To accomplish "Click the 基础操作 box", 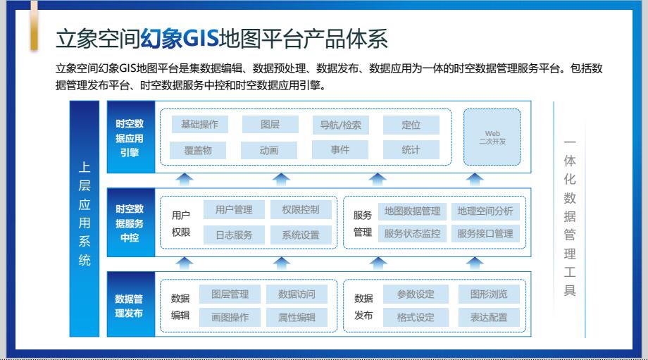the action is click(199, 125).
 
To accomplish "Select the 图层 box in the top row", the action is click(270, 125).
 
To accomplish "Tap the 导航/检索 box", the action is click(340, 125).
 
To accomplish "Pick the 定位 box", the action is click(411, 125).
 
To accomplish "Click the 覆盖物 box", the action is click(198, 151).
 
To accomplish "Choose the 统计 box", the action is click(411, 150).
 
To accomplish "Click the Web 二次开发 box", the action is click(492, 137).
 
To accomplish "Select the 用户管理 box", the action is click(234, 210).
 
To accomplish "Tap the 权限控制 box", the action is click(301, 209).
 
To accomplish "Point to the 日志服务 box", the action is click(234, 235).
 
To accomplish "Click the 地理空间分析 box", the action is click(485, 211).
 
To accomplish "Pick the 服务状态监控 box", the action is click(412, 233).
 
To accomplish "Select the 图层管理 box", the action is click(230, 294).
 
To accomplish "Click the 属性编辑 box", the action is click(297, 317).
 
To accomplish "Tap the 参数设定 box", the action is click(416, 294).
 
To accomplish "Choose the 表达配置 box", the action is click(489, 317).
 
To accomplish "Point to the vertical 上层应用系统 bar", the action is click(85, 218).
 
